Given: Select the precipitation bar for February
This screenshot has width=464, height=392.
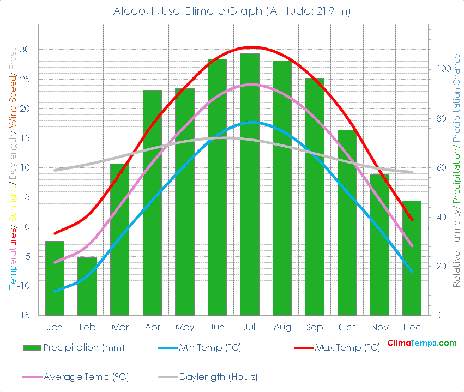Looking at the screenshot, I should point(87,286).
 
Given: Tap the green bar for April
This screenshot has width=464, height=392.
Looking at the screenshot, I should point(152,202).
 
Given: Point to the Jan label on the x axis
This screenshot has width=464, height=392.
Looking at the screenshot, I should point(55,327).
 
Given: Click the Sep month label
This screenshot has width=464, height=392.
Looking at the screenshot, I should point(315,327).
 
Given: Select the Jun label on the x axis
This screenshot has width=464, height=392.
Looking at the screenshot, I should point(217,327).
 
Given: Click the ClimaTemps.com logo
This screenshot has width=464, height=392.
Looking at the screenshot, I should point(422,343).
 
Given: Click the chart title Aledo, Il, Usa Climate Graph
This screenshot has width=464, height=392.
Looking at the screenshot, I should point(232,11).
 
